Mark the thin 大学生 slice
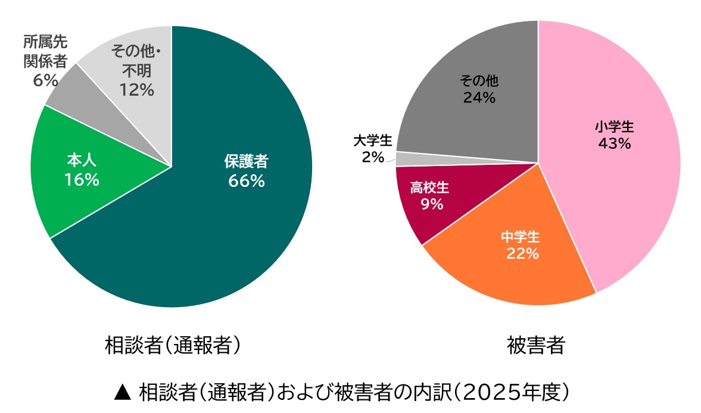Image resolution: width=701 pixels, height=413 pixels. pos(405,158)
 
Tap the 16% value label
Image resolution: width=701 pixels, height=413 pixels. pos(82,179)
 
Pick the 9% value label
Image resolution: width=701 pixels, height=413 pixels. pos(431,205)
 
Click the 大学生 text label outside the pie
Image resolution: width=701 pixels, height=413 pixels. pos(372,141)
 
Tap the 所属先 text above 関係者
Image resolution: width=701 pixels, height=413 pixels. pos(45,42)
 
